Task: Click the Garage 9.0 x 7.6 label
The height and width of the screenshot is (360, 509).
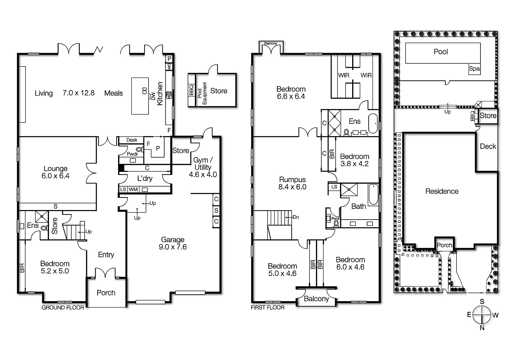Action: pyautogui.click(x=173, y=243)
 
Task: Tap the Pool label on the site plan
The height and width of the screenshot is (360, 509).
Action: pyautogui.click(x=441, y=52)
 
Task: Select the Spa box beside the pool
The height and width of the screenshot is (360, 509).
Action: pyautogui.click(x=474, y=69)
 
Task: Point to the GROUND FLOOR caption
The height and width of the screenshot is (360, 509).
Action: pyautogui.click(x=63, y=307)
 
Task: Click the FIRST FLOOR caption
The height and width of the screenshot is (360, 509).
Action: pyautogui.click(x=268, y=307)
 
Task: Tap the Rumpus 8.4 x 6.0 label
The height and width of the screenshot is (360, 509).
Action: pyautogui.click(x=292, y=183)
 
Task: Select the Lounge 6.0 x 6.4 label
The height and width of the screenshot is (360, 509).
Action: pyautogui.click(x=56, y=172)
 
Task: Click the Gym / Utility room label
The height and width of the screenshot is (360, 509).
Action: pyautogui.click(x=203, y=167)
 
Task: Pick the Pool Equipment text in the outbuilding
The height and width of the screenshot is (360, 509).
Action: pyautogui.click(x=202, y=93)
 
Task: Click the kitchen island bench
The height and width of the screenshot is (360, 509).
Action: pyautogui.click(x=140, y=96)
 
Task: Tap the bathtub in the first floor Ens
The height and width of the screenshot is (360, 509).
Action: pyautogui.click(x=373, y=123)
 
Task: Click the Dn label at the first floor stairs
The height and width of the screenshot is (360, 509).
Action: pyautogui.click(x=296, y=217)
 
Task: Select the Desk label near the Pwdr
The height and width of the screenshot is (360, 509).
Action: pyautogui.click(x=132, y=140)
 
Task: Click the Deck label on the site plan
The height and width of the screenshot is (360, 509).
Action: pyautogui.click(x=488, y=146)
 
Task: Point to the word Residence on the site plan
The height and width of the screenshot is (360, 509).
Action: pyautogui.click(x=442, y=191)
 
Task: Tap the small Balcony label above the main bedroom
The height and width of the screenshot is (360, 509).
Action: pyautogui.click(x=271, y=43)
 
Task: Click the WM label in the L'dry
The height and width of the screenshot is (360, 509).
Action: pyautogui.click(x=133, y=189)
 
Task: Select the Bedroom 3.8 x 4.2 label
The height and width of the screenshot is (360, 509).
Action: pyautogui.click(x=354, y=160)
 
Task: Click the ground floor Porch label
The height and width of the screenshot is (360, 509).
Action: pyautogui.click(x=106, y=293)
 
